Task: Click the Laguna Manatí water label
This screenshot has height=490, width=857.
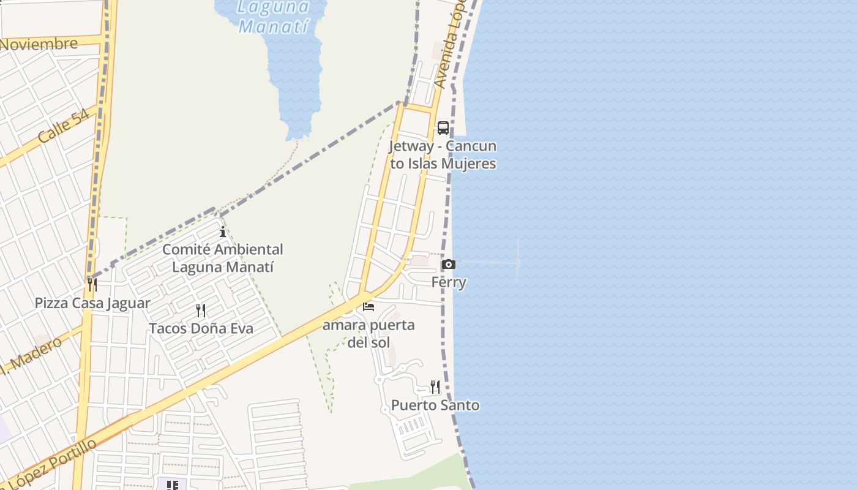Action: [x=273, y=17]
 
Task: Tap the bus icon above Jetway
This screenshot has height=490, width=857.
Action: [x=443, y=128]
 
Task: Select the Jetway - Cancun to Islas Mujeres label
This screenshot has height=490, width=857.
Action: [x=443, y=155]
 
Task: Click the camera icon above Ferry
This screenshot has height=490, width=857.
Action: [x=449, y=264]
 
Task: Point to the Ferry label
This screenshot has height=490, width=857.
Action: [x=449, y=282]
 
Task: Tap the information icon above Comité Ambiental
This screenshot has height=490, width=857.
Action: [x=223, y=232]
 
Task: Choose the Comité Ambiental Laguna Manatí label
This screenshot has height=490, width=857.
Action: [x=223, y=258]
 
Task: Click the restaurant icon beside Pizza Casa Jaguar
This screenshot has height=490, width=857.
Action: [x=92, y=285]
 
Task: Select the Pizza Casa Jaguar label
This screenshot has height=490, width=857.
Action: [x=92, y=303]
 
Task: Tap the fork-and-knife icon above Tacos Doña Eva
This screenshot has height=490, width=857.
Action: [x=200, y=311]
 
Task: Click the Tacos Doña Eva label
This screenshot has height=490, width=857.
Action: [x=201, y=328]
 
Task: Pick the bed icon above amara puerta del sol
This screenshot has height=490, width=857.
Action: [x=369, y=306]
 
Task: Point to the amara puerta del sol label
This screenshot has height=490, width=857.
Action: [x=369, y=333]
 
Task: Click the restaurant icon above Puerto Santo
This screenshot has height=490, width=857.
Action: [x=435, y=386]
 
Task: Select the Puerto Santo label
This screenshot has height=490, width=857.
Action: [x=435, y=405]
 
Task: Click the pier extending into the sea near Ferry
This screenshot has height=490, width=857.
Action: [x=490, y=262]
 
